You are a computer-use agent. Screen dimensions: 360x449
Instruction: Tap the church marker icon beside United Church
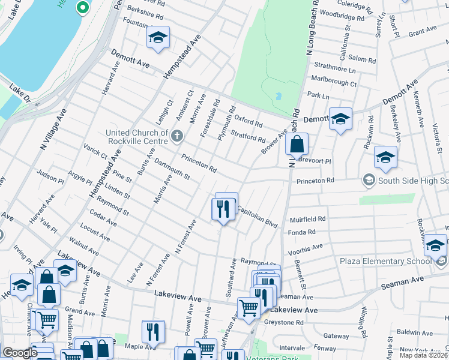(176, 136)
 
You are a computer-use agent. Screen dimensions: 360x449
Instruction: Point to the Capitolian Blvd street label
(258, 217)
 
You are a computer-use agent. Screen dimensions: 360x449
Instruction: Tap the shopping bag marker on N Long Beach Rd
(297, 145)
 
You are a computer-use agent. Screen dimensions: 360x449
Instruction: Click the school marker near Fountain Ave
(158, 38)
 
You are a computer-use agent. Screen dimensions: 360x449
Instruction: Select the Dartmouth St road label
(172, 169)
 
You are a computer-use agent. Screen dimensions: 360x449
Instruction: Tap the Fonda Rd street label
(302, 232)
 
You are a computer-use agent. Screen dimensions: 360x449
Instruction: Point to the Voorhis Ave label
(306, 246)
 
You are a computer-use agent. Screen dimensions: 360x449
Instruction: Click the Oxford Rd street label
(248, 120)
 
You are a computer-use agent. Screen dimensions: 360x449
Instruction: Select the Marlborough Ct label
(331, 85)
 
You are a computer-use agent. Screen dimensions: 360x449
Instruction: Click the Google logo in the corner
(20, 353)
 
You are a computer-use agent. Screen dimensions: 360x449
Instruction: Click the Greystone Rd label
(283, 322)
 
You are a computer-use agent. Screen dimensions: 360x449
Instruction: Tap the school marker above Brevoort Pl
(385, 158)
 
